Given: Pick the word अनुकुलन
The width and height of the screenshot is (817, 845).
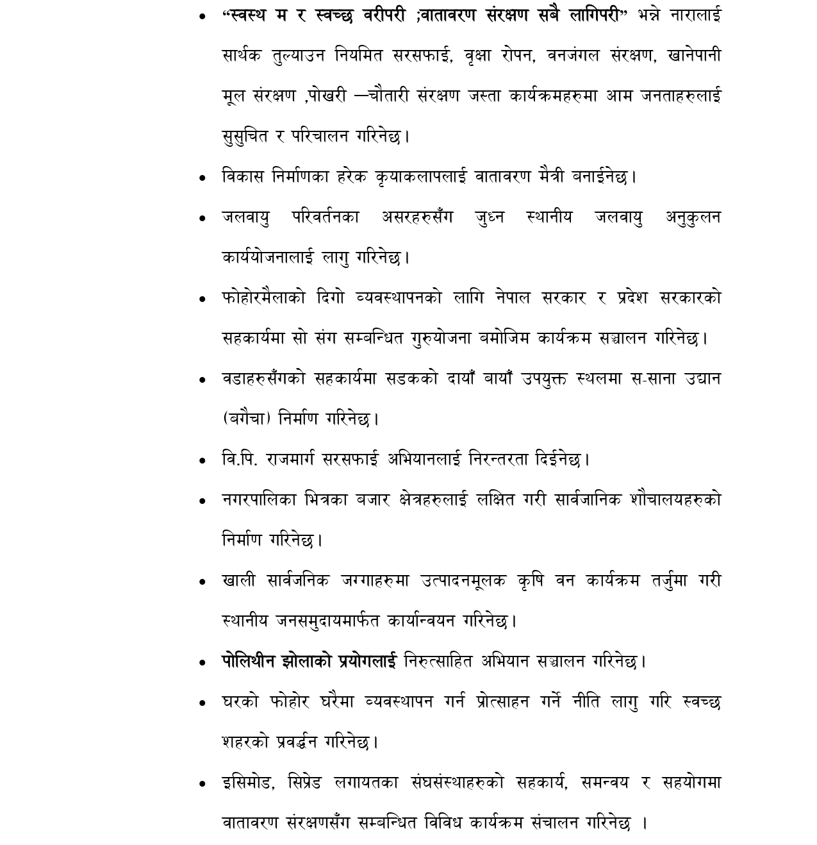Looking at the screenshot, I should [x=693, y=217].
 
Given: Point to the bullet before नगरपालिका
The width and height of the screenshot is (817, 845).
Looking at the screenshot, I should [x=203, y=501].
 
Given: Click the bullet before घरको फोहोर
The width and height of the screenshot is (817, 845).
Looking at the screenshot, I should [x=203, y=703].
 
